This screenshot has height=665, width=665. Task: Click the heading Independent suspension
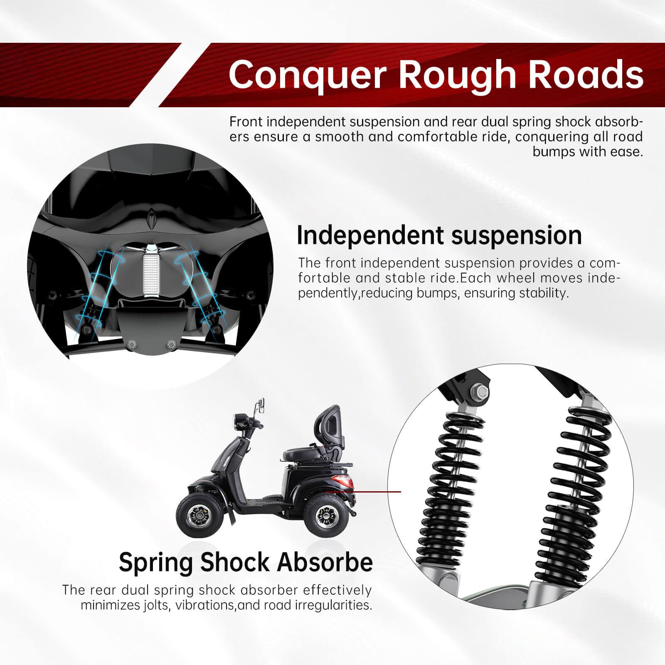point(439,235)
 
